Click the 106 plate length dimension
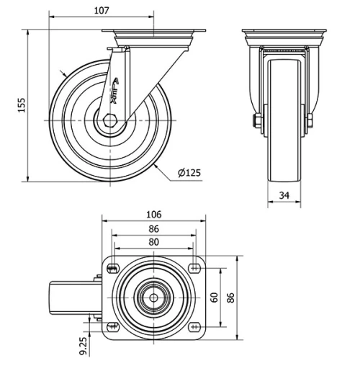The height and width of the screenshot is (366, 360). click(x=153, y=215)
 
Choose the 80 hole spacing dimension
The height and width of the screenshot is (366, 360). click(x=153, y=243)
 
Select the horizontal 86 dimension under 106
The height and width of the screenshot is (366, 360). click(x=153, y=228)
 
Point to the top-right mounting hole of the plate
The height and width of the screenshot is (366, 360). click(x=194, y=269)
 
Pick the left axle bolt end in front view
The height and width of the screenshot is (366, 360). click(x=256, y=120)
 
